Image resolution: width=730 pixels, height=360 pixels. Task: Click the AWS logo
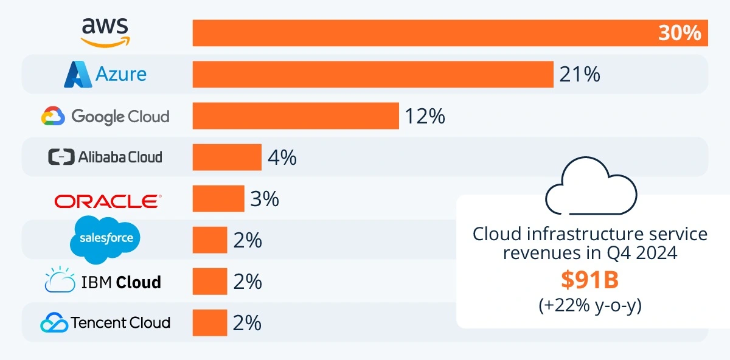pyautogui.click(x=105, y=32)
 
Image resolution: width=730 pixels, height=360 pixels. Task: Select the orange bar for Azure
pyautogui.click(x=373, y=74)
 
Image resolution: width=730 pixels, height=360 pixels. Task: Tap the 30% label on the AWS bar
pyautogui.click(x=679, y=33)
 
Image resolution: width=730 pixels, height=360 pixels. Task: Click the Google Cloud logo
pyautogui.click(x=105, y=116)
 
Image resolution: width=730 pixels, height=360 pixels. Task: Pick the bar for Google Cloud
pyautogui.click(x=296, y=116)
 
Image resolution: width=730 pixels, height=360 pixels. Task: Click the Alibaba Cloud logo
pyautogui.click(x=105, y=157)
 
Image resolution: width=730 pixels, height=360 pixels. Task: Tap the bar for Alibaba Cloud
pyautogui.click(x=227, y=157)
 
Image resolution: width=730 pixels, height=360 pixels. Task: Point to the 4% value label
pyautogui.click(x=282, y=157)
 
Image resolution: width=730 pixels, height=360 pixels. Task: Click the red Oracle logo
pyautogui.click(x=108, y=200)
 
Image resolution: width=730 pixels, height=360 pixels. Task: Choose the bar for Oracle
pyautogui.click(x=218, y=198)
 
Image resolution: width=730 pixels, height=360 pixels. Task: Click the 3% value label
pyautogui.click(x=264, y=198)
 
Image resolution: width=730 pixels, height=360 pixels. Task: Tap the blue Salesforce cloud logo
pyautogui.click(x=106, y=238)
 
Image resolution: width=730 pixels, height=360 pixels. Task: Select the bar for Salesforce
pyautogui.click(x=210, y=240)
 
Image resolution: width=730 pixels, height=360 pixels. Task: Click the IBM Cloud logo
pyautogui.click(x=103, y=282)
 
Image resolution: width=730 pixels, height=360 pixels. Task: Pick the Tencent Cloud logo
pyautogui.click(x=105, y=322)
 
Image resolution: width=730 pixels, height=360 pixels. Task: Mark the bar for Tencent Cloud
pyautogui.click(x=210, y=322)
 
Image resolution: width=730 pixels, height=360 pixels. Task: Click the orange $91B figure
pyautogui.click(x=590, y=280)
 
